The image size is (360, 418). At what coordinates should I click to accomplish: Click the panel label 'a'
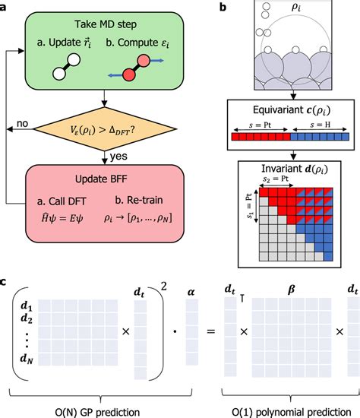pyautogui.click(x=5, y=6)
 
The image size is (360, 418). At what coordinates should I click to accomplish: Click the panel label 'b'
pyautogui.click(x=220, y=6)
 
